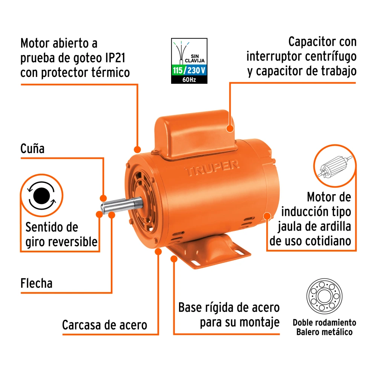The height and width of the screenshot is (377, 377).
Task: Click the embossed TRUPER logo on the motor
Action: pyautogui.click(x=212, y=168)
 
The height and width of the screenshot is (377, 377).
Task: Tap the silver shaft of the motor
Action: pyautogui.click(x=122, y=205)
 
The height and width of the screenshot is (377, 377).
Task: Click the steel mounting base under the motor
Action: pyautogui.click(x=209, y=251)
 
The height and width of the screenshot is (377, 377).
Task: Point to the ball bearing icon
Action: pyautogui.click(x=324, y=296)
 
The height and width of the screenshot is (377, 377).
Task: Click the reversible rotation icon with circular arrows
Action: pyautogui.click(x=41, y=195)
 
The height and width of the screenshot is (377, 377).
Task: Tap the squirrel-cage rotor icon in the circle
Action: pyautogui.click(x=335, y=166)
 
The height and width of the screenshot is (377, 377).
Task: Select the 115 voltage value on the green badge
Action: pyautogui.click(x=178, y=70)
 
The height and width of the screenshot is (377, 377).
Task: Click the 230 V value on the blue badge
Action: pyautogui.click(x=196, y=70)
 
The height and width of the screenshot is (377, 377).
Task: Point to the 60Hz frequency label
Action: pyautogui.click(x=189, y=80)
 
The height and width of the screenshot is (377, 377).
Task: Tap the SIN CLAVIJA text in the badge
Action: pyautogui.click(x=195, y=58)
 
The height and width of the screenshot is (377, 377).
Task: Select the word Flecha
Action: pyautogui.click(x=36, y=283)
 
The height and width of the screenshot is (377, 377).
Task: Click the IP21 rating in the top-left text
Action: pyautogui.click(x=115, y=58)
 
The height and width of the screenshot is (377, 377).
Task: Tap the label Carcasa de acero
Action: pyautogui.click(x=104, y=325)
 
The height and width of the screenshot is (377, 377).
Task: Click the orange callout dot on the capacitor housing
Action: pyautogui.click(x=230, y=129)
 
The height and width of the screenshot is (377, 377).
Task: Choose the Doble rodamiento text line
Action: pyautogui.click(x=324, y=322)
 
